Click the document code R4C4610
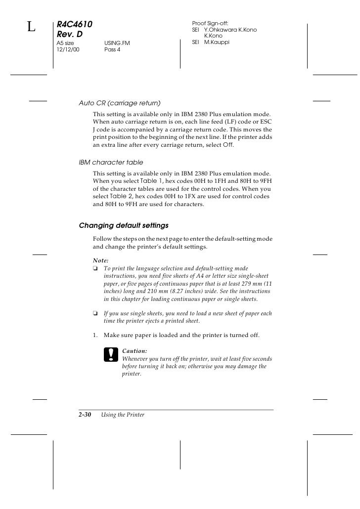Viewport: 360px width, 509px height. click(75, 24)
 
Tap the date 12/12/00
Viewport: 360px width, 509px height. click(67, 50)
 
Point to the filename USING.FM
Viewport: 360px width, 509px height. click(117, 43)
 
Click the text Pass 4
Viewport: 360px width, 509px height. click(112, 50)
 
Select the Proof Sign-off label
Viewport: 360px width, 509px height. click(210, 24)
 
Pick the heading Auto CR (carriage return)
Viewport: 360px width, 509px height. click(120, 103)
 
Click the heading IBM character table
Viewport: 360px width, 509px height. click(111, 162)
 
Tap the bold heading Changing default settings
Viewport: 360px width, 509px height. click(124, 225)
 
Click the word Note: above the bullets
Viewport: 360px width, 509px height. click(101, 260)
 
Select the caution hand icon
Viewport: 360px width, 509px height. click(109, 354)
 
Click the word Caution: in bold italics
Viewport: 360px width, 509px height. click(135, 350)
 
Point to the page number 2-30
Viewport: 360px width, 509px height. click(86, 415)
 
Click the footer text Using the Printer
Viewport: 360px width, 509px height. click(123, 415)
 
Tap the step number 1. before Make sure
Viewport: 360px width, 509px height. click(96, 336)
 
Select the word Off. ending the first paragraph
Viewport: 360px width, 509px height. click(228, 146)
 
